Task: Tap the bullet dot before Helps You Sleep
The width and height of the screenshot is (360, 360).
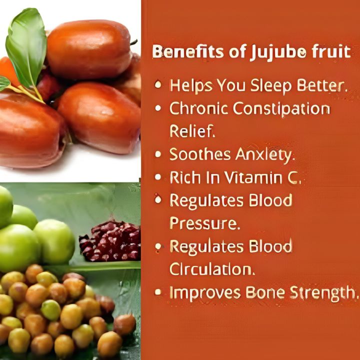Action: coord(158,85)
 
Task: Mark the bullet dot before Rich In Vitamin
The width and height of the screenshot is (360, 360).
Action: coord(158,177)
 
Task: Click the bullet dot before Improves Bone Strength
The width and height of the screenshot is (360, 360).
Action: coord(158,292)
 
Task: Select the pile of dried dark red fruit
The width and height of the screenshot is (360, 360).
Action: coord(110,240)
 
